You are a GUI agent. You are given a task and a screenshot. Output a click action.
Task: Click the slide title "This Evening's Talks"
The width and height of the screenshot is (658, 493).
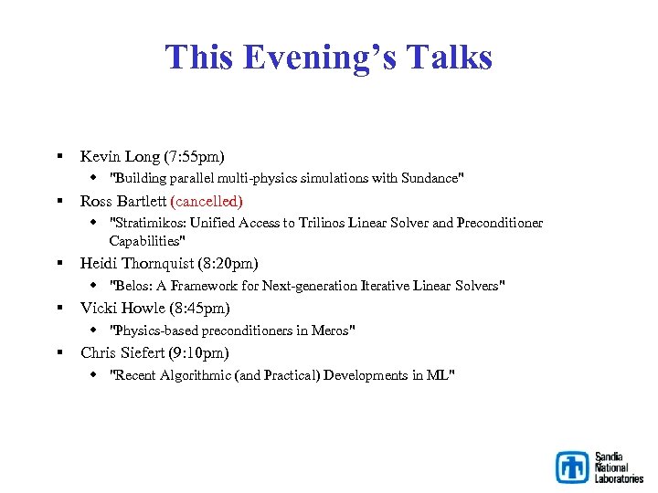tap(328, 58)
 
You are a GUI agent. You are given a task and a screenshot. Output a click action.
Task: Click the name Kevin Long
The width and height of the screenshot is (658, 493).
tap(114, 156)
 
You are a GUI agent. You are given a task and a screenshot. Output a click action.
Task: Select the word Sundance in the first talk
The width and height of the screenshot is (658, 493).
tap(430, 178)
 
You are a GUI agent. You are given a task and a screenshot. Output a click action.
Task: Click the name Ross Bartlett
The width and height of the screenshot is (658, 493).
tap(123, 201)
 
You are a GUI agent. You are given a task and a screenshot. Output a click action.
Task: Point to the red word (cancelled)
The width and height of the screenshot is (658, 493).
tap(207, 201)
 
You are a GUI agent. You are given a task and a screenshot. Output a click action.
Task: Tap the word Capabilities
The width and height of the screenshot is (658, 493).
tap(146, 241)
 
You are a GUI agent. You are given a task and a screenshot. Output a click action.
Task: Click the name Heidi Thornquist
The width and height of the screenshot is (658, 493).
tap(134, 263)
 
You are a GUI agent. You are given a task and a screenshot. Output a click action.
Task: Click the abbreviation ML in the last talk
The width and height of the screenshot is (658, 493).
tap(439, 375)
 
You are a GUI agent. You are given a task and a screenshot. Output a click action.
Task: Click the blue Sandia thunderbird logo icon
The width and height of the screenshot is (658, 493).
tap(573, 467)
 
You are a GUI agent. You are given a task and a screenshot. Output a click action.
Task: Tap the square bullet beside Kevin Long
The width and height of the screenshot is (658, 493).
tap(58, 157)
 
